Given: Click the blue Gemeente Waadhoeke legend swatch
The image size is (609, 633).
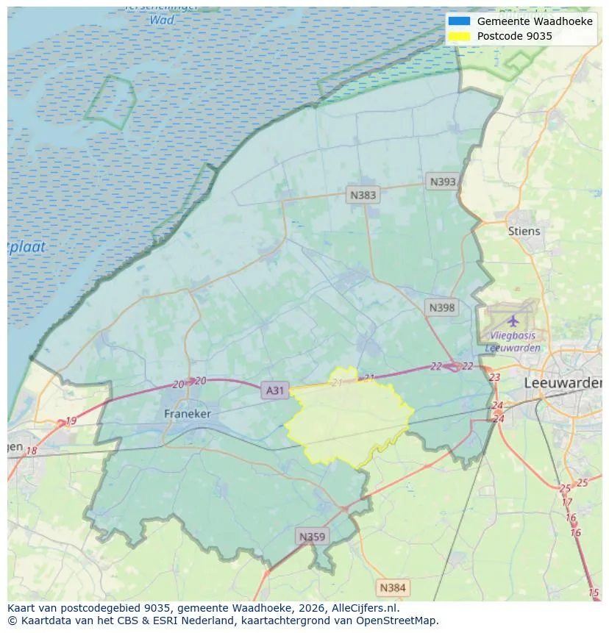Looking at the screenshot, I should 458,21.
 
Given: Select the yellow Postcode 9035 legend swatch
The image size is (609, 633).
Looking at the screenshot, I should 458,36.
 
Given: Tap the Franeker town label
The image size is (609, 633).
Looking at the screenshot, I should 187,414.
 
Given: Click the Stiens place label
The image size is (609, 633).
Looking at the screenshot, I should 524,231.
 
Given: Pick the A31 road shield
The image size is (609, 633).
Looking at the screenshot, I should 274,390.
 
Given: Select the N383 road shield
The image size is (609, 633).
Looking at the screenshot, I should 363,195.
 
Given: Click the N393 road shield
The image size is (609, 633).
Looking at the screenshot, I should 443,182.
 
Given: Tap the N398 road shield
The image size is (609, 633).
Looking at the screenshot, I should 441,308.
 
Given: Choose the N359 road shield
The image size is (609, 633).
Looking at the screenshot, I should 311,537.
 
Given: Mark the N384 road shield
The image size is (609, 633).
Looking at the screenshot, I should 392,587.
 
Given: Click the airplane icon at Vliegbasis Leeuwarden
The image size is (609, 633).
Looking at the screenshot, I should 513,321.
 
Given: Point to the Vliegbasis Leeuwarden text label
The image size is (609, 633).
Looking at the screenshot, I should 513,342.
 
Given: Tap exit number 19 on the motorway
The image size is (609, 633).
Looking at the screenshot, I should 71,421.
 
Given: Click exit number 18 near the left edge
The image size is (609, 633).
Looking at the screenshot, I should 31,451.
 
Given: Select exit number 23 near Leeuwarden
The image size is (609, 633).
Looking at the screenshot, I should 494,377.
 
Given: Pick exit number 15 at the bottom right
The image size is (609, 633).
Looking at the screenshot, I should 594,593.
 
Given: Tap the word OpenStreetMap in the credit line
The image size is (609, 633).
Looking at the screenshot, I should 398,621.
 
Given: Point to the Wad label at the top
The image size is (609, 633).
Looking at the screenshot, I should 162,20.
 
